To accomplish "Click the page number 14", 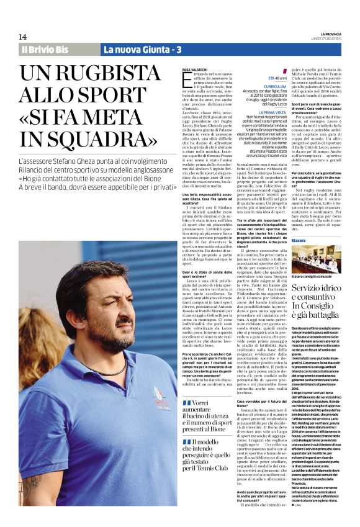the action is pyautogui.click(x=22, y=37).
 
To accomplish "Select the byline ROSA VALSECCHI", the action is pyautogui.click(x=196, y=70).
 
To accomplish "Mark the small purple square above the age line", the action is pyautogui.click(x=286, y=70).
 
